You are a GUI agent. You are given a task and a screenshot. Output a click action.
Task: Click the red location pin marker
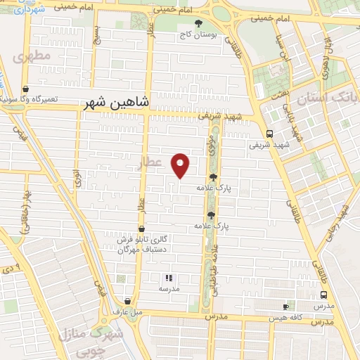[181, 164]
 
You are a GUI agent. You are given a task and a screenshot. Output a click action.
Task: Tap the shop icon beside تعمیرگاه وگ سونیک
[26, 89]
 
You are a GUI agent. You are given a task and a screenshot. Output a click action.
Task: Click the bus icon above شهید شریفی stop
[269, 134]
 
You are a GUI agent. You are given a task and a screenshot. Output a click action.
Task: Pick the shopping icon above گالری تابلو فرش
[141, 229]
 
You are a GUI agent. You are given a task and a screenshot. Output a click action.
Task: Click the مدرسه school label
[169, 289]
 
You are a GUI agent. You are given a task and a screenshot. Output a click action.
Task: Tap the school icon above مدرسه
[169, 278]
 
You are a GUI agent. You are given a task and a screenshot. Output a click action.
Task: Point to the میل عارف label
[128, 311]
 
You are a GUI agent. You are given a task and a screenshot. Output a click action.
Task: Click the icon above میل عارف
[127, 300]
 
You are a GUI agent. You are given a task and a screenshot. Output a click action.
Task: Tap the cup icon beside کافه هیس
[286, 307]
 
